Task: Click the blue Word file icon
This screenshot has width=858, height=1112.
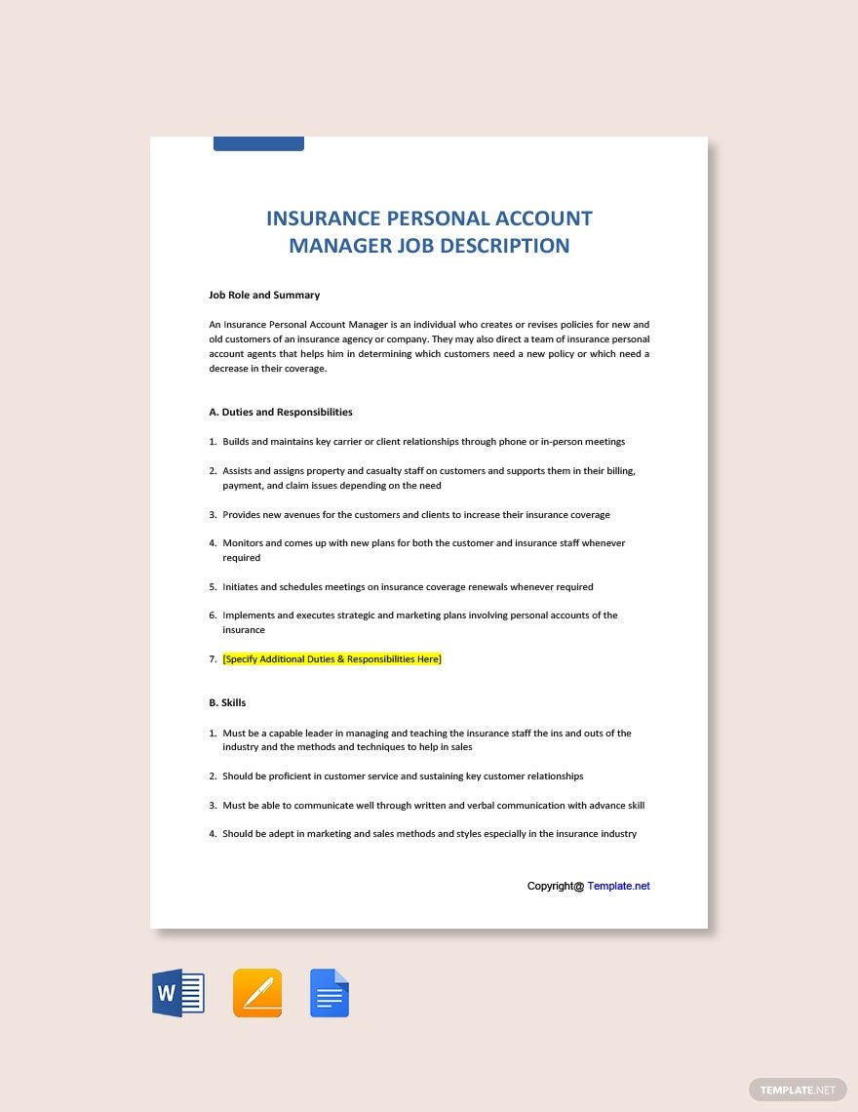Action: pyautogui.click(x=177, y=994)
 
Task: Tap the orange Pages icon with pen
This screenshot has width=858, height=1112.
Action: pyautogui.click(x=257, y=994)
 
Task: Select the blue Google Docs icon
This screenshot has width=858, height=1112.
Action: pyautogui.click(x=330, y=994)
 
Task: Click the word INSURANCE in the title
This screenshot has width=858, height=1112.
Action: pyautogui.click(x=321, y=218)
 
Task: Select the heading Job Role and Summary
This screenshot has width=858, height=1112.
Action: pyautogui.click(x=264, y=295)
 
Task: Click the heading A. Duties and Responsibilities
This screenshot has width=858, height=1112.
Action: pyautogui.click(x=281, y=412)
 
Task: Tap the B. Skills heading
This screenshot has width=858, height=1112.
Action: pyautogui.click(x=227, y=702)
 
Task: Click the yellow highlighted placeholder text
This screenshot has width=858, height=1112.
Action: pyautogui.click(x=331, y=659)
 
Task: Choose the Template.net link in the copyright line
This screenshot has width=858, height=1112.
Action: pyautogui.click(x=618, y=886)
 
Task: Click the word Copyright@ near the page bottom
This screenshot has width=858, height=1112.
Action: pyautogui.click(x=555, y=886)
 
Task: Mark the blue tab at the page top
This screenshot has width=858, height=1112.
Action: pyautogui.click(x=258, y=143)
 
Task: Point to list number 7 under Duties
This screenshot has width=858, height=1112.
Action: pyautogui.click(x=213, y=659)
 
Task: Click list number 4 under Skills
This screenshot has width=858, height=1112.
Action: pyautogui.click(x=213, y=834)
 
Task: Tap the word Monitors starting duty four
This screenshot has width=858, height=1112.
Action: pyautogui.click(x=242, y=543)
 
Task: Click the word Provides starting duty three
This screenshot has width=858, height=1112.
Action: pyautogui.click(x=241, y=515)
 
